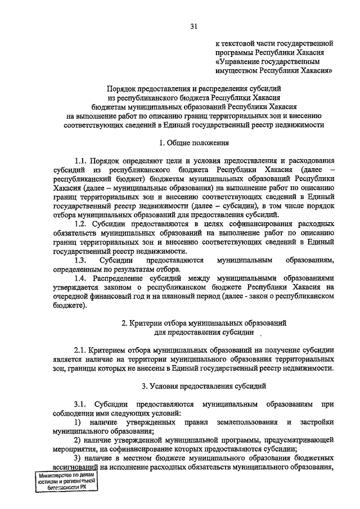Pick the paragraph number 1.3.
pos(82,260)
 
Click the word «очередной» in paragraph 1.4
pos(70,296)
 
